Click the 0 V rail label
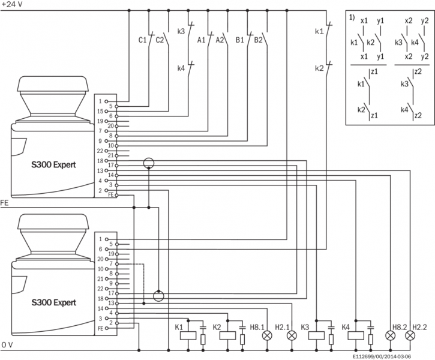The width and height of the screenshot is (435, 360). [x=7, y=345]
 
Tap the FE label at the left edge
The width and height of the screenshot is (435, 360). [x=4, y=203]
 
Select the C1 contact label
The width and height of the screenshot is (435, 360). [x=142, y=40]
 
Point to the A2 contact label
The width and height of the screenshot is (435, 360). [x=220, y=40]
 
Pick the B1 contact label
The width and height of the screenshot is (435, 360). [x=239, y=40]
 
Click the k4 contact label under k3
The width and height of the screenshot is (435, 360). [x=181, y=68]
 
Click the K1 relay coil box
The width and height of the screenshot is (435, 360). [x=188, y=334]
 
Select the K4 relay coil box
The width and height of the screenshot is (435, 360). [x=356, y=334]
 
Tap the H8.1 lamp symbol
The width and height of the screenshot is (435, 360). [x=267, y=336]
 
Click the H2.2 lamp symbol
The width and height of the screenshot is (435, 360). [x=410, y=336]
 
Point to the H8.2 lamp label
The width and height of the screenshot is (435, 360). [x=398, y=326]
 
